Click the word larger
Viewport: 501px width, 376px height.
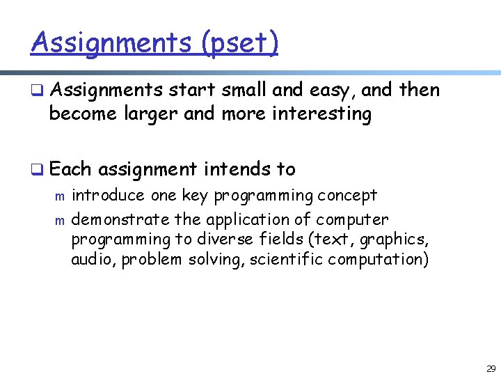click(x=152, y=113)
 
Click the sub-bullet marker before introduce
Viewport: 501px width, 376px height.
click(x=59, y=198)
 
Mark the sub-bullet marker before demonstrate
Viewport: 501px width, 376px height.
click(x=59, y=221)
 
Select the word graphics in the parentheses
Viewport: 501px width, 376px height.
click(x=398, y=240)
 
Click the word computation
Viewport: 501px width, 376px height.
click(x=379, y=260)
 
